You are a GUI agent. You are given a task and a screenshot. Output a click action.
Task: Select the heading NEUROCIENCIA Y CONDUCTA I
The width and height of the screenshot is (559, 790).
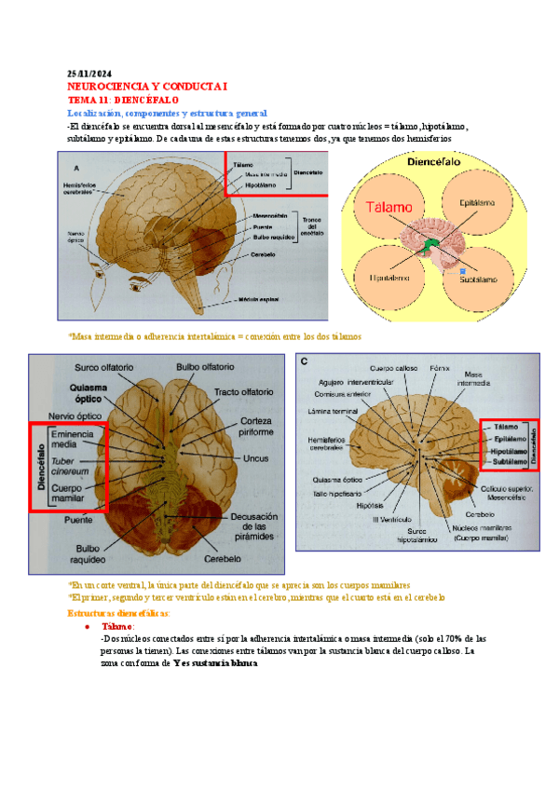pyautogui.click(x=147, y=86)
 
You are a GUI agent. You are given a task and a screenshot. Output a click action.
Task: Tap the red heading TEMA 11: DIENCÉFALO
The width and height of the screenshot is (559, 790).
pyautogui.click(x=124, y=99)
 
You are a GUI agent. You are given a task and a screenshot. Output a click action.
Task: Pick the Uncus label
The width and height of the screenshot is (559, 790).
pyautogui.click(x=254, y=457)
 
